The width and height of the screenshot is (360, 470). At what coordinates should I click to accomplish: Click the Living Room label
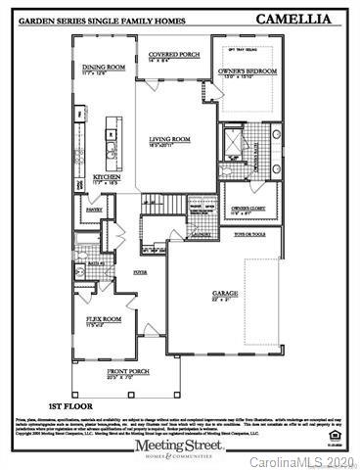pyautogui.click(x=169, y=140)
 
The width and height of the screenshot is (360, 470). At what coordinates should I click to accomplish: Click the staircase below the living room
pyautogui.click(x=173, y=208)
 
